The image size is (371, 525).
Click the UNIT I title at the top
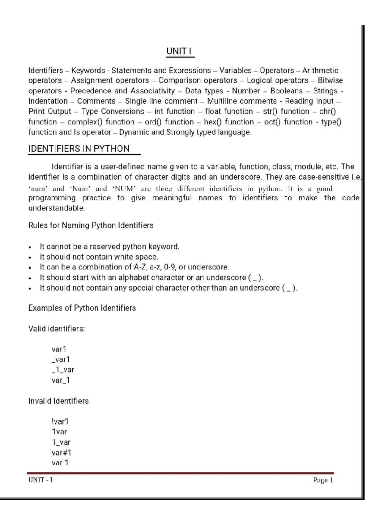(x=180, y=51)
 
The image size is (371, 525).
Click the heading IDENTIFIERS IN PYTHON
(x=79, y=149)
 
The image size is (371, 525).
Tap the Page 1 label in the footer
(x=323, y=480)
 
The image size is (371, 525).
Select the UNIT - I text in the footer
(x=41, y=480)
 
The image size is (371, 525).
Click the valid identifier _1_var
(x=63, y=370)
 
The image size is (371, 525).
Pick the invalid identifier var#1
(x=62, y=453)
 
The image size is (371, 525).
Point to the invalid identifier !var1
(x=60, y=421)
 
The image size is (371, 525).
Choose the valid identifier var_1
(x=61, y=380)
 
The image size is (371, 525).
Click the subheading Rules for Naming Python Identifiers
(x=91, y=225)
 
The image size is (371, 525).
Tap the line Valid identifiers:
(x=57, y=329)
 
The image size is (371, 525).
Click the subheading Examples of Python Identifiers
(x=82, y=308)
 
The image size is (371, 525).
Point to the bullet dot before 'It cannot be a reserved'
(x=30, y=247)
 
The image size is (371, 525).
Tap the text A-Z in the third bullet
(x=140, y=267)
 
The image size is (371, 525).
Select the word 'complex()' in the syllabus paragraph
(x=85, y=122)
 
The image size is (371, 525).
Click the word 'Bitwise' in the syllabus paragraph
(x=330, y=80)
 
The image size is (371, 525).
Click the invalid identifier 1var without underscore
(x=59, y=432)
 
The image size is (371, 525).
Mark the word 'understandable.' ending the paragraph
(x=57, y=208)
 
